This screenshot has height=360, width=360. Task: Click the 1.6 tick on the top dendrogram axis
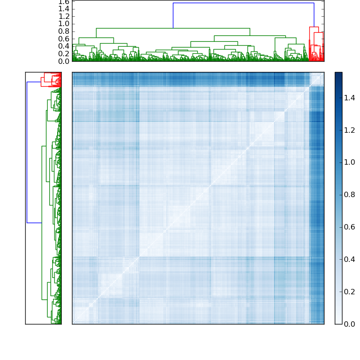click(x=63, y=2)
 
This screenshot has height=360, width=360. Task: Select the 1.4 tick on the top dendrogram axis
click(x=63, y=9)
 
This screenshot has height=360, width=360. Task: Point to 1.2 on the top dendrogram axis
click(x=63, y=16)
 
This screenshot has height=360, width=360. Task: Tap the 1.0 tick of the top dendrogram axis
click(x=63, y=24)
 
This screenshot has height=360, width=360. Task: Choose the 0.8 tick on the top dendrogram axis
click(x=63, y=31)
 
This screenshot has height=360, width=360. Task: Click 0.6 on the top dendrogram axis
click(x=63, y=39)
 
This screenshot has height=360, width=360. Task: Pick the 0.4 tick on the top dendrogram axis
click(x=63, y=46)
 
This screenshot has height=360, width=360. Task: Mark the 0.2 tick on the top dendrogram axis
click(x=63, y=54)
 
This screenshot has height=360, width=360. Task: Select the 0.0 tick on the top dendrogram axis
click(x=63, y=61)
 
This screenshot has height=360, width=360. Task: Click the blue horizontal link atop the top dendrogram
click(x=243, y=3)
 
